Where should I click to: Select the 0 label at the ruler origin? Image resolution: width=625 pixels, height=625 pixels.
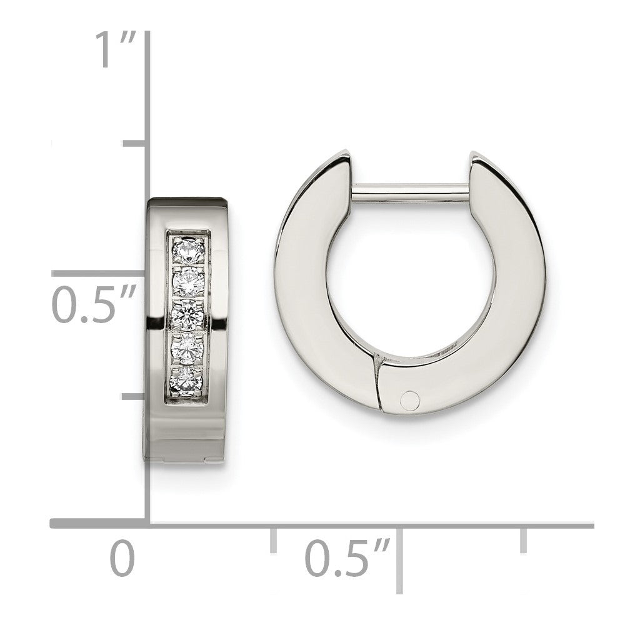[x=122, y=557]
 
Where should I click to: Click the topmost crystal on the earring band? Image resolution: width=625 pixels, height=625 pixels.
[x=188, y=250]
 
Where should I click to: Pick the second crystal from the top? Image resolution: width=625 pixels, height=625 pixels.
[x=188, y=281]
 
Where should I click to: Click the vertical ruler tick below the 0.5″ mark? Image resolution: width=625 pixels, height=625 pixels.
[x=134, y=396]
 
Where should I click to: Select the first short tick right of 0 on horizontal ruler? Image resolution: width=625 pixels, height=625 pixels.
[x=273, y=539]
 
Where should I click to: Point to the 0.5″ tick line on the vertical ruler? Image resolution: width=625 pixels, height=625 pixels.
[x=100, y=273]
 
